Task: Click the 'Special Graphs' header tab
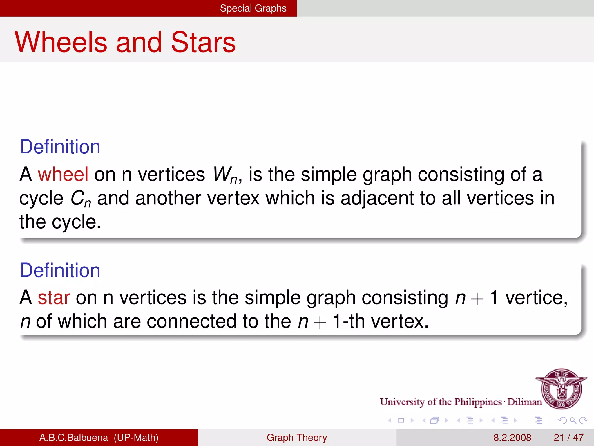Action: (x=253, y=8)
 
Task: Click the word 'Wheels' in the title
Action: (x=61, y=42)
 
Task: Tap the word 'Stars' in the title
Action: (x=203, y=42)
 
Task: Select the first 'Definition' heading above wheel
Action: (x=60, y=147)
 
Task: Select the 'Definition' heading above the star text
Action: (x=60, y=270)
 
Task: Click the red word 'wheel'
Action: (x=63, y=174)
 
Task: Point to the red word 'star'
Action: (x=54, y=298)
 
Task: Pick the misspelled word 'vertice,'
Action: (x=536, y=298)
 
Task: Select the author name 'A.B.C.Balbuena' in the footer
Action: (x=74, y=438)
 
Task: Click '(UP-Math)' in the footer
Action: (x=136, y=438)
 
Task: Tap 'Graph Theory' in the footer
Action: (x=297, y=438)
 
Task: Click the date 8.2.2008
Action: (x=512, y=438)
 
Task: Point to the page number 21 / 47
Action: (x=568, y=438)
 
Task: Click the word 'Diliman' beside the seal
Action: (x=524, y=402)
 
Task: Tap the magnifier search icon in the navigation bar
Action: (x=573, y=420)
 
